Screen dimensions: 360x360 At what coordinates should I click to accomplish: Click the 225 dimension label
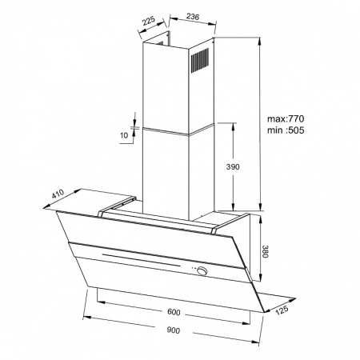click(149, 21)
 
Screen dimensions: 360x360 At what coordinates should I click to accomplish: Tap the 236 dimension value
click(193, 17)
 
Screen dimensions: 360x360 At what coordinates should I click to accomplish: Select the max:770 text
click(286, 118)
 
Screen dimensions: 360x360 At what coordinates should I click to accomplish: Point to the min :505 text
click(286, 130)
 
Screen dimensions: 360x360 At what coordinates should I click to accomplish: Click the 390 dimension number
click(233, 167)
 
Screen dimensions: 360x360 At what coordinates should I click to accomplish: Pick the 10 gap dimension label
click(124, 135)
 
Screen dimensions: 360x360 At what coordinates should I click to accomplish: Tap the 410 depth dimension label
click(58, 194)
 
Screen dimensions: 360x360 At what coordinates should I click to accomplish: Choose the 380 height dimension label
click(264, 251)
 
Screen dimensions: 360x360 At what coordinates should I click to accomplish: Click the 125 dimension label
click(282, 310)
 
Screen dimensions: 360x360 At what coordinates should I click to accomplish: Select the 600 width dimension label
click(174, 312)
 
